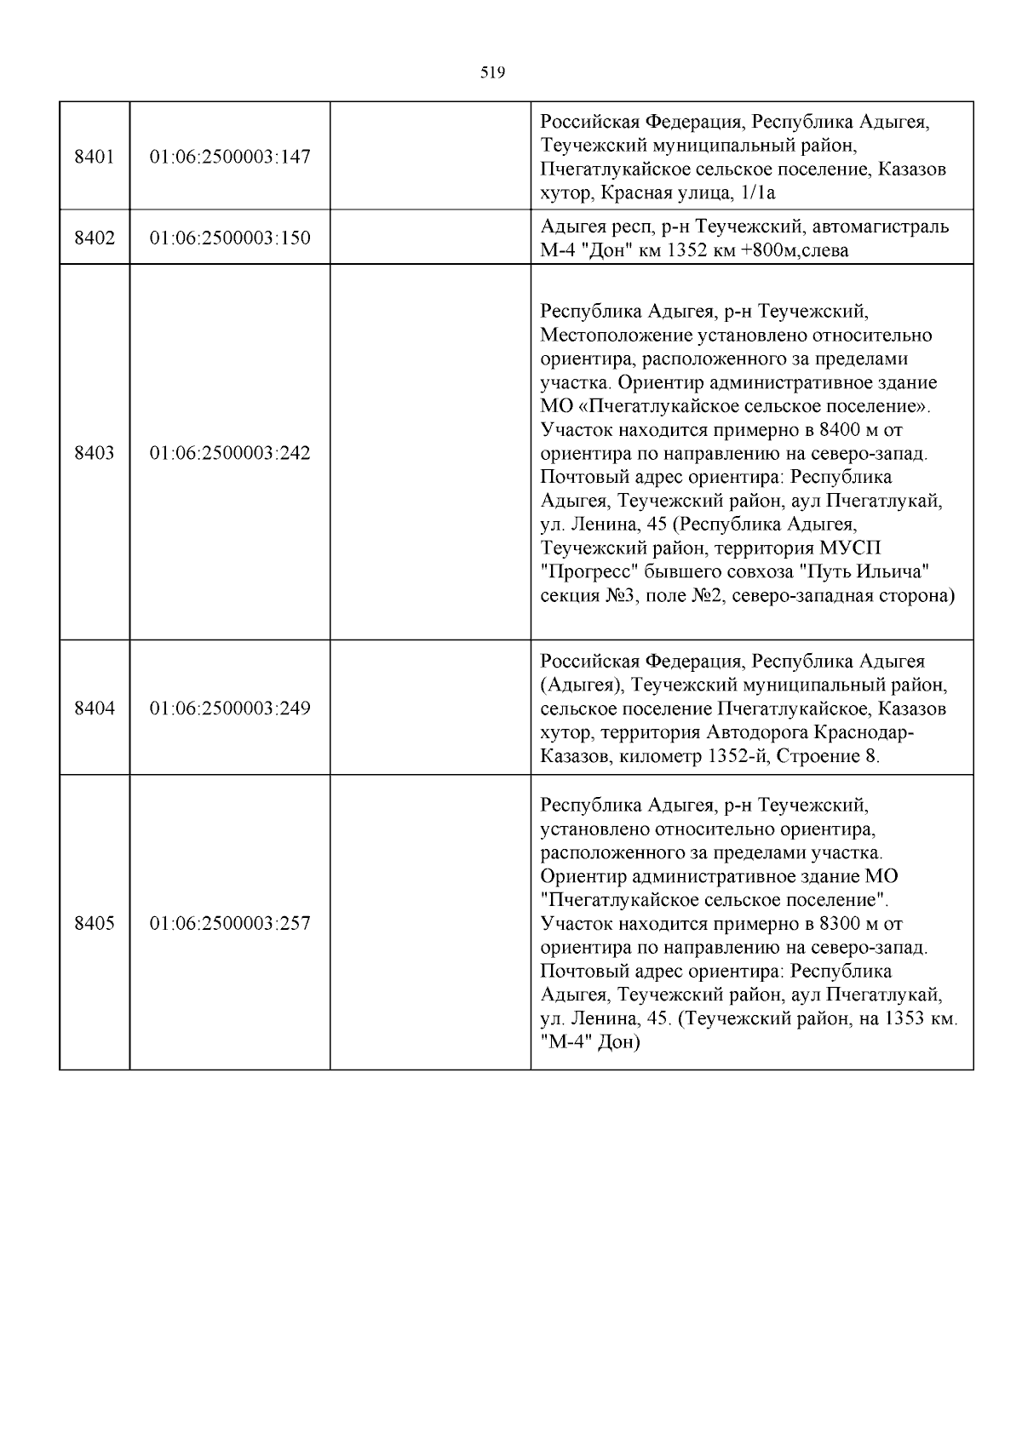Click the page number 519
492,73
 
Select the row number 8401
94,157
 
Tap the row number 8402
94,238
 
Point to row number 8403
94,453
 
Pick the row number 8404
94,708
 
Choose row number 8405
94,924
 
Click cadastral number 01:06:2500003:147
230,157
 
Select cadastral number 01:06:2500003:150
230,238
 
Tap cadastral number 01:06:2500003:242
230,453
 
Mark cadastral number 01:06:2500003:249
230,708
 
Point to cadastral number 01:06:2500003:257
230,924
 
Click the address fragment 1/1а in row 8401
755,193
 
